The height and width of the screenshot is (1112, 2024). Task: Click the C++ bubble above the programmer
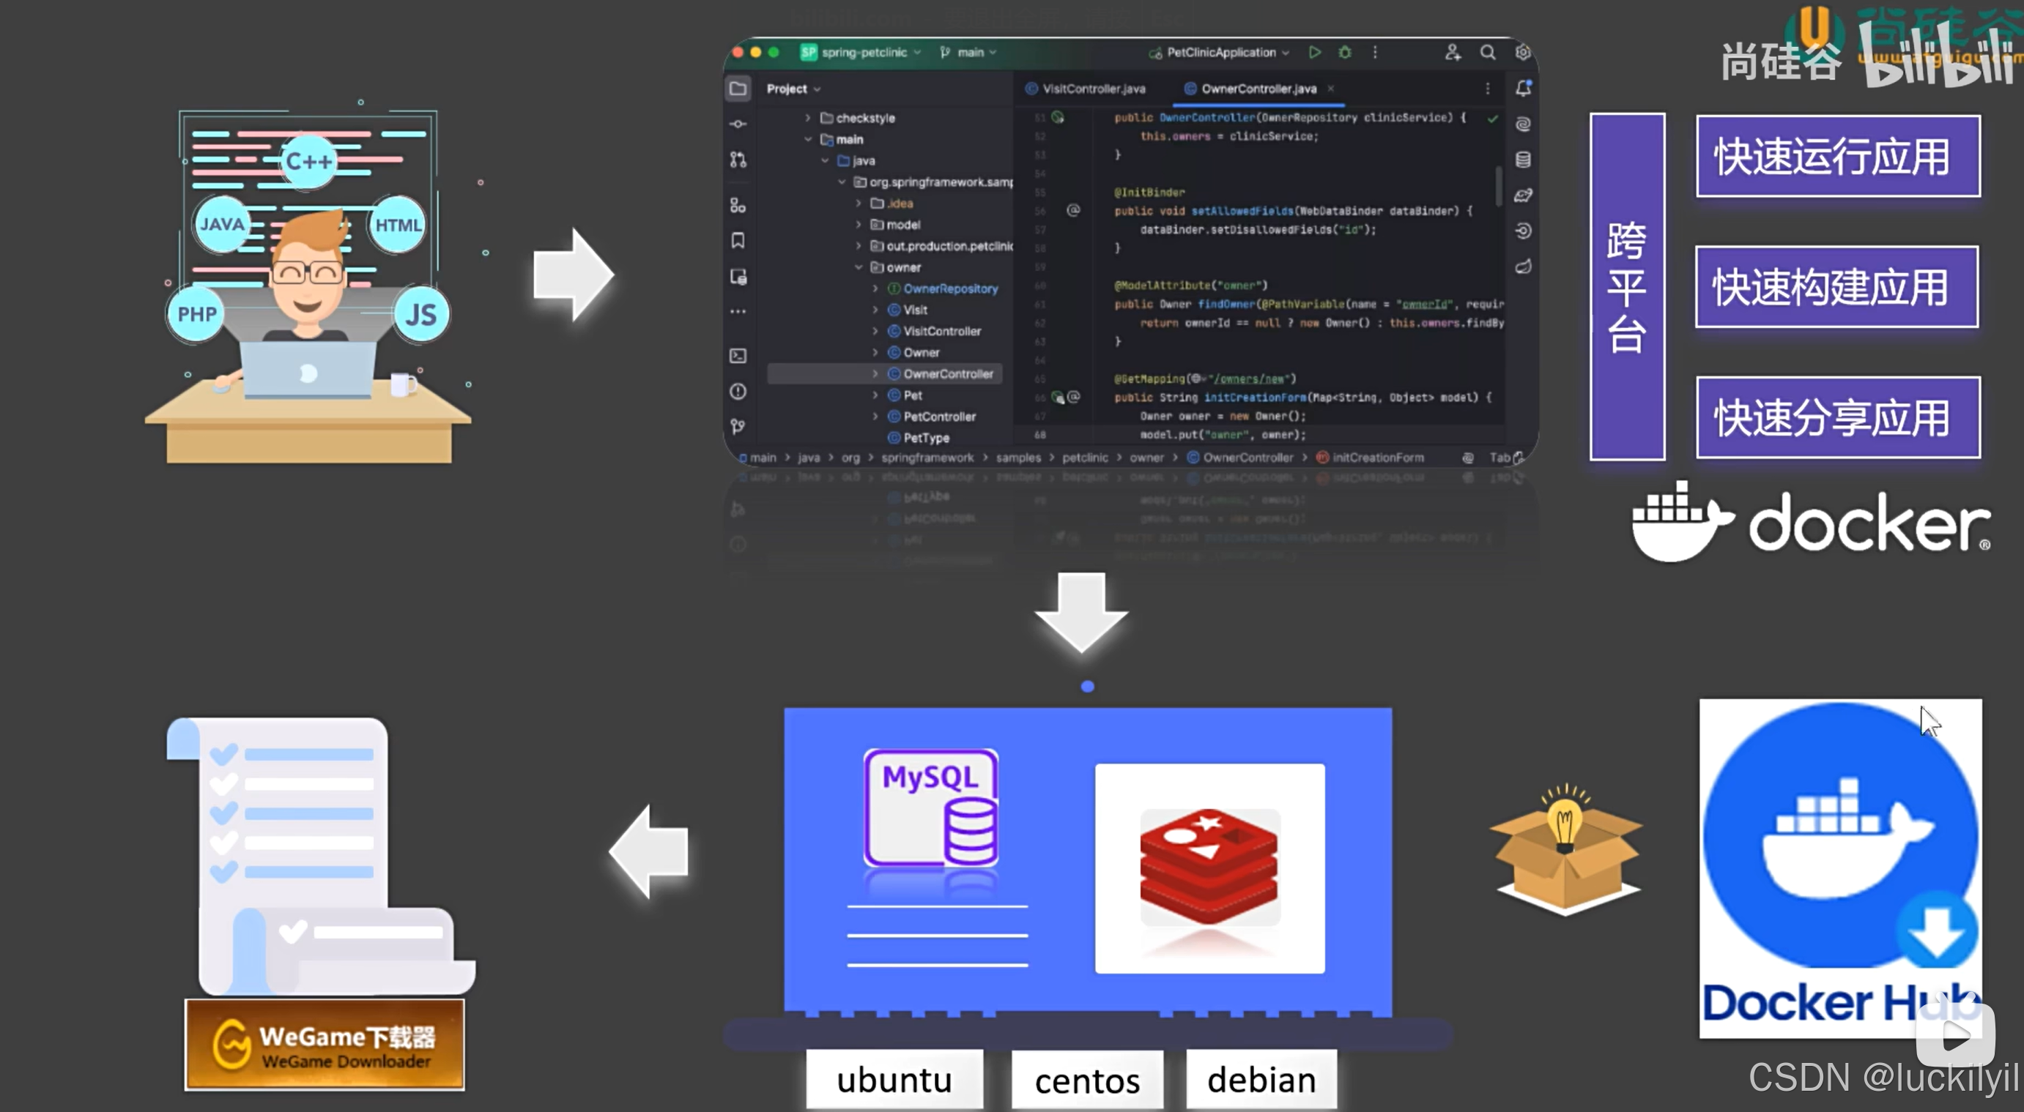(307, 161)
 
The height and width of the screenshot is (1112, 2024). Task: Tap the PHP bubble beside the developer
(196, 314)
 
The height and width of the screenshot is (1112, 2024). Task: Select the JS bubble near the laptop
(420, 315)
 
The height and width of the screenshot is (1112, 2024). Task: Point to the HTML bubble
(398, 225)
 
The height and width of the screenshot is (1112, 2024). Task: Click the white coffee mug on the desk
(402, 384)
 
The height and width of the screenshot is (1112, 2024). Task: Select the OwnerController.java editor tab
(1258, 89)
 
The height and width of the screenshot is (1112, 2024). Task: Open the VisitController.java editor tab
(1093, 89)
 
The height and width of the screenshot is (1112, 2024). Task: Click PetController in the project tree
(939, 417)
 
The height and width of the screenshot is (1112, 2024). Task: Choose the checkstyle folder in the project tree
(864, 118)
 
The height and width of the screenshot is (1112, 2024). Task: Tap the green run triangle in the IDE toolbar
(1314, 53)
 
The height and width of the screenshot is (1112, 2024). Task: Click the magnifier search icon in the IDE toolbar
(1487, 53)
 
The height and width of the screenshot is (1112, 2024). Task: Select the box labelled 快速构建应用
(1837, 288)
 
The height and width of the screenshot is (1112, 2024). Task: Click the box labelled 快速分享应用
(1838, 418)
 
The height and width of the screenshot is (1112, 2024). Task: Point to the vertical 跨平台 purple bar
(1627, 287)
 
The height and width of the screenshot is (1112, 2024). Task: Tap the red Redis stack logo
(1209, 865)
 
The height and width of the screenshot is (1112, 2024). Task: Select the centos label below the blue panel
(1086, 1081)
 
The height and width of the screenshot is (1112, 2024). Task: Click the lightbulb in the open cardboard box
(1565, 824)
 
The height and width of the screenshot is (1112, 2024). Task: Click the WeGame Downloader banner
(325, 1045)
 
